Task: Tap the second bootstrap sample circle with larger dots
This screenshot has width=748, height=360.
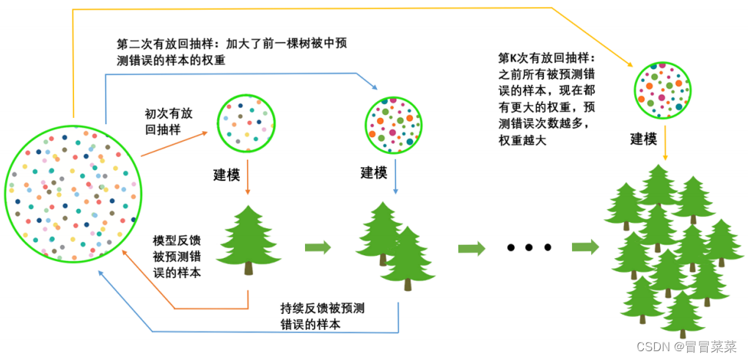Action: coord(395,125)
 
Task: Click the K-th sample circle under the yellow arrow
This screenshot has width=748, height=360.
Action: coord(663,89)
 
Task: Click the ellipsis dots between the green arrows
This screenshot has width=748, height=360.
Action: coord(528,248)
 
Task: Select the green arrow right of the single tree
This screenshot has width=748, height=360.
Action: coord(317,247)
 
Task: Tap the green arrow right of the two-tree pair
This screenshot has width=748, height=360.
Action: coord(472,249)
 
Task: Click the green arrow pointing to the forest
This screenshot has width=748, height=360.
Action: coord(585,248)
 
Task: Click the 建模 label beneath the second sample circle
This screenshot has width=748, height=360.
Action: coord(373,173)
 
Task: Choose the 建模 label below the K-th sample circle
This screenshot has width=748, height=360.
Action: coord(643,139)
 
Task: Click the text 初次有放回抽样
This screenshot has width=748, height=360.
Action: coord(171,122)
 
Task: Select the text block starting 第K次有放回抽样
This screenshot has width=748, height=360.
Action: coord(547,99)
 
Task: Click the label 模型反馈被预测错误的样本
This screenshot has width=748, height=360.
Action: coord(176,256)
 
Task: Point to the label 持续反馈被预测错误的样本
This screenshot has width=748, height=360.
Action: coord(322,315)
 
